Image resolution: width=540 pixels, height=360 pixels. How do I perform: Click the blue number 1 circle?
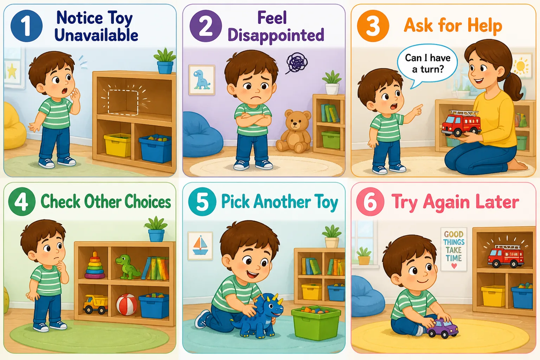pyautogui.click(x=26, y=26)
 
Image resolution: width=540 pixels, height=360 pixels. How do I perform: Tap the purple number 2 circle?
pyautogui.click(x=206, y=26)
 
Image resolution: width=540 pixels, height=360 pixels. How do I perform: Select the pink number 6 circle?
pyautogui.click(x=370, y=201)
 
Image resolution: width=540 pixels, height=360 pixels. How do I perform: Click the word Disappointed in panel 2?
pyautogui.click(x=276, y=35)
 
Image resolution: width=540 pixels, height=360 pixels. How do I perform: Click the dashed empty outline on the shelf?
pyautogui.click(x=123, y=102)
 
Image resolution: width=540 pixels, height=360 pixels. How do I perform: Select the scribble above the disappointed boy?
pyautogui.click(x=297, y=63)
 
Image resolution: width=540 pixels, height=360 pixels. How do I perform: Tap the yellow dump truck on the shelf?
pyautogui.click(x=96, y=304)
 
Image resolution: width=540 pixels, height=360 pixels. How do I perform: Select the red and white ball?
pyautogui.click(x=127, y=304)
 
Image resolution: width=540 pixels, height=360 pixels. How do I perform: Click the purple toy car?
pyautogui.click(x=442, y=328)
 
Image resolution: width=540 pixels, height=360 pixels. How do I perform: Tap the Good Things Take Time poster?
pyautogui.click(x=454, y=249)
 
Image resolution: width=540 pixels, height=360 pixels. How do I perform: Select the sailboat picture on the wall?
pyautogui.click(x=200, y=246)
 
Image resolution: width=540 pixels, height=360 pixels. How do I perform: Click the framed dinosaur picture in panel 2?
pyautogui.click(x=202, y=79)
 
